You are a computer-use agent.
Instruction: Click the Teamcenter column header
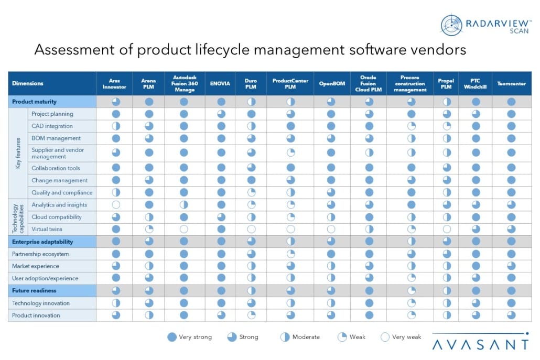[511, 83]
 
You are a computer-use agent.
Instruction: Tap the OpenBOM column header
[331, 83]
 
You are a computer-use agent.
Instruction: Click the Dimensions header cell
[28, 83]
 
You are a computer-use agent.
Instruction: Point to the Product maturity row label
[34, 102]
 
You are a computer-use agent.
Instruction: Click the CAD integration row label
[52, 126]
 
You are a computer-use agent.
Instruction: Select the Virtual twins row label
[47, 229]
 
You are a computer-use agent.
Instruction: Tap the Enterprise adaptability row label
[42, 242]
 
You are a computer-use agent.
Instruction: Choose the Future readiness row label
[34, 290]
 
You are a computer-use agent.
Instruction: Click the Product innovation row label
[36, 315]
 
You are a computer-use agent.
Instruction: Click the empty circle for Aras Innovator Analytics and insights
[116, 205]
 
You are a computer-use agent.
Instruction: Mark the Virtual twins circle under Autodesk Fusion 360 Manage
[184, 229]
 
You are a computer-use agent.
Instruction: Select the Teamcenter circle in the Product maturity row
[511, 102]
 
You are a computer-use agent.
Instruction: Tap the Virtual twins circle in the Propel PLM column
[446, 229]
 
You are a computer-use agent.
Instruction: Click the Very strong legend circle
[171, 337]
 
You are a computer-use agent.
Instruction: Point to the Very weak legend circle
[385, 337]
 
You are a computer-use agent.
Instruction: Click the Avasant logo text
[480, 344]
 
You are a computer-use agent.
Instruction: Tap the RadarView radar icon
[451, 25]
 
